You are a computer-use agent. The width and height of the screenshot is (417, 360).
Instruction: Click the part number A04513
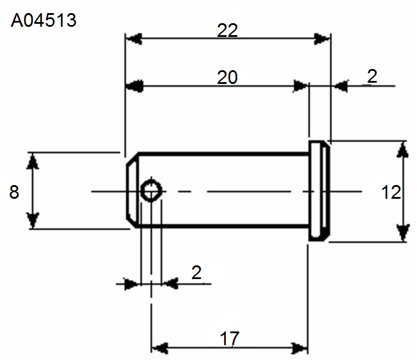(x=43, y=20)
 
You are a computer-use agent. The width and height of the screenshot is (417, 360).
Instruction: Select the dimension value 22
(x=228, y=30)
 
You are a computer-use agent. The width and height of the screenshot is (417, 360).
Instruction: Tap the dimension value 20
(x=228, y=77)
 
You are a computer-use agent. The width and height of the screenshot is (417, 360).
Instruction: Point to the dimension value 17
(x=230, y=339)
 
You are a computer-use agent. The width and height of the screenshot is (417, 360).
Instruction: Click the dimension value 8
(x=14, y=192)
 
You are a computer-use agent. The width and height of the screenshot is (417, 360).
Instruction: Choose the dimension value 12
(x=391, y=192)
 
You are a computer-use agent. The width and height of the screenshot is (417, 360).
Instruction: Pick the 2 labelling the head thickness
(x=372, y=76)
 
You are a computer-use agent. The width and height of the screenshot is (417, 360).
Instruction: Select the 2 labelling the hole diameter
(x=197, y=273)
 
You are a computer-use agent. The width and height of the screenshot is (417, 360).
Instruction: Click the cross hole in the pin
(x=151, y=191)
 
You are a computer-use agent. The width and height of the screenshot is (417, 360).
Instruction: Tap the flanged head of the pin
(x=319, y=191)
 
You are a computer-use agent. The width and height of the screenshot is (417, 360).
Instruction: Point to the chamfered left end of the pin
(x=132, y=190)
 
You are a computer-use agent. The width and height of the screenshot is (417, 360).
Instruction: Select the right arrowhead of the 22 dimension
(x=322, y=39)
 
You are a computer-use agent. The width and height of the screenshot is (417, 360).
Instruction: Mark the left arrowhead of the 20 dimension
(x=134, y=86)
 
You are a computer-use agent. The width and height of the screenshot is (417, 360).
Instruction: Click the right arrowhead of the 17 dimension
(x=300, y=348)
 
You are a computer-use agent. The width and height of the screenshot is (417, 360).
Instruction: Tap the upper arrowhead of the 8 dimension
(x=33, y=161)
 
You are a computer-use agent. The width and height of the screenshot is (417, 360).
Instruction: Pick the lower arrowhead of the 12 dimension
(x=403, y=233)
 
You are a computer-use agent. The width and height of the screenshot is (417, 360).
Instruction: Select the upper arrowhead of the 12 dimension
(x=403, y=150)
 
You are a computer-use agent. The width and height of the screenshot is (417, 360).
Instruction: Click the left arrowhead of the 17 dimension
(x=160, y=348)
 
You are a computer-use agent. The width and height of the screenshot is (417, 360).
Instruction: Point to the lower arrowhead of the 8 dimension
(x=33, y=220)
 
